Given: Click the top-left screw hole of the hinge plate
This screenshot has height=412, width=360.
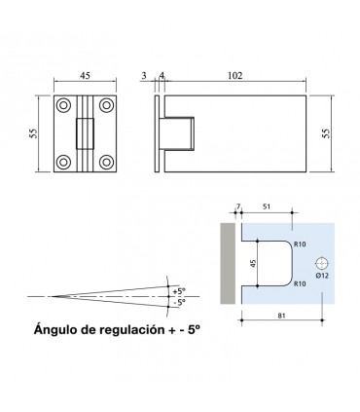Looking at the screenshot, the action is (63, 105).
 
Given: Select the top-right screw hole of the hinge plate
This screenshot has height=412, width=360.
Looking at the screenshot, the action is (106, 105).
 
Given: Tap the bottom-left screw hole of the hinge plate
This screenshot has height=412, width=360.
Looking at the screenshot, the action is (63, 162).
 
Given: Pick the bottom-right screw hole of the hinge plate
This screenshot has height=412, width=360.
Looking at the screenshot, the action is (106, 162).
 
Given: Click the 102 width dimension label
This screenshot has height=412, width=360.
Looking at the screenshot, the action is (234, 76).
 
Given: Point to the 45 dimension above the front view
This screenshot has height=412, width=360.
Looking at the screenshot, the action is (85, 76).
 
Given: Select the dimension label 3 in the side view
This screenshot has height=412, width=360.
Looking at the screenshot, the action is (144, 76).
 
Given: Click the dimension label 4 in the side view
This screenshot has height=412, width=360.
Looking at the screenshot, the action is (162, 76).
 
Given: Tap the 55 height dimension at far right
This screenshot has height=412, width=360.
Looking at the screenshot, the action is (326, 133).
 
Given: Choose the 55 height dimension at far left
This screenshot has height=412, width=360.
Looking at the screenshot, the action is (33, 133).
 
